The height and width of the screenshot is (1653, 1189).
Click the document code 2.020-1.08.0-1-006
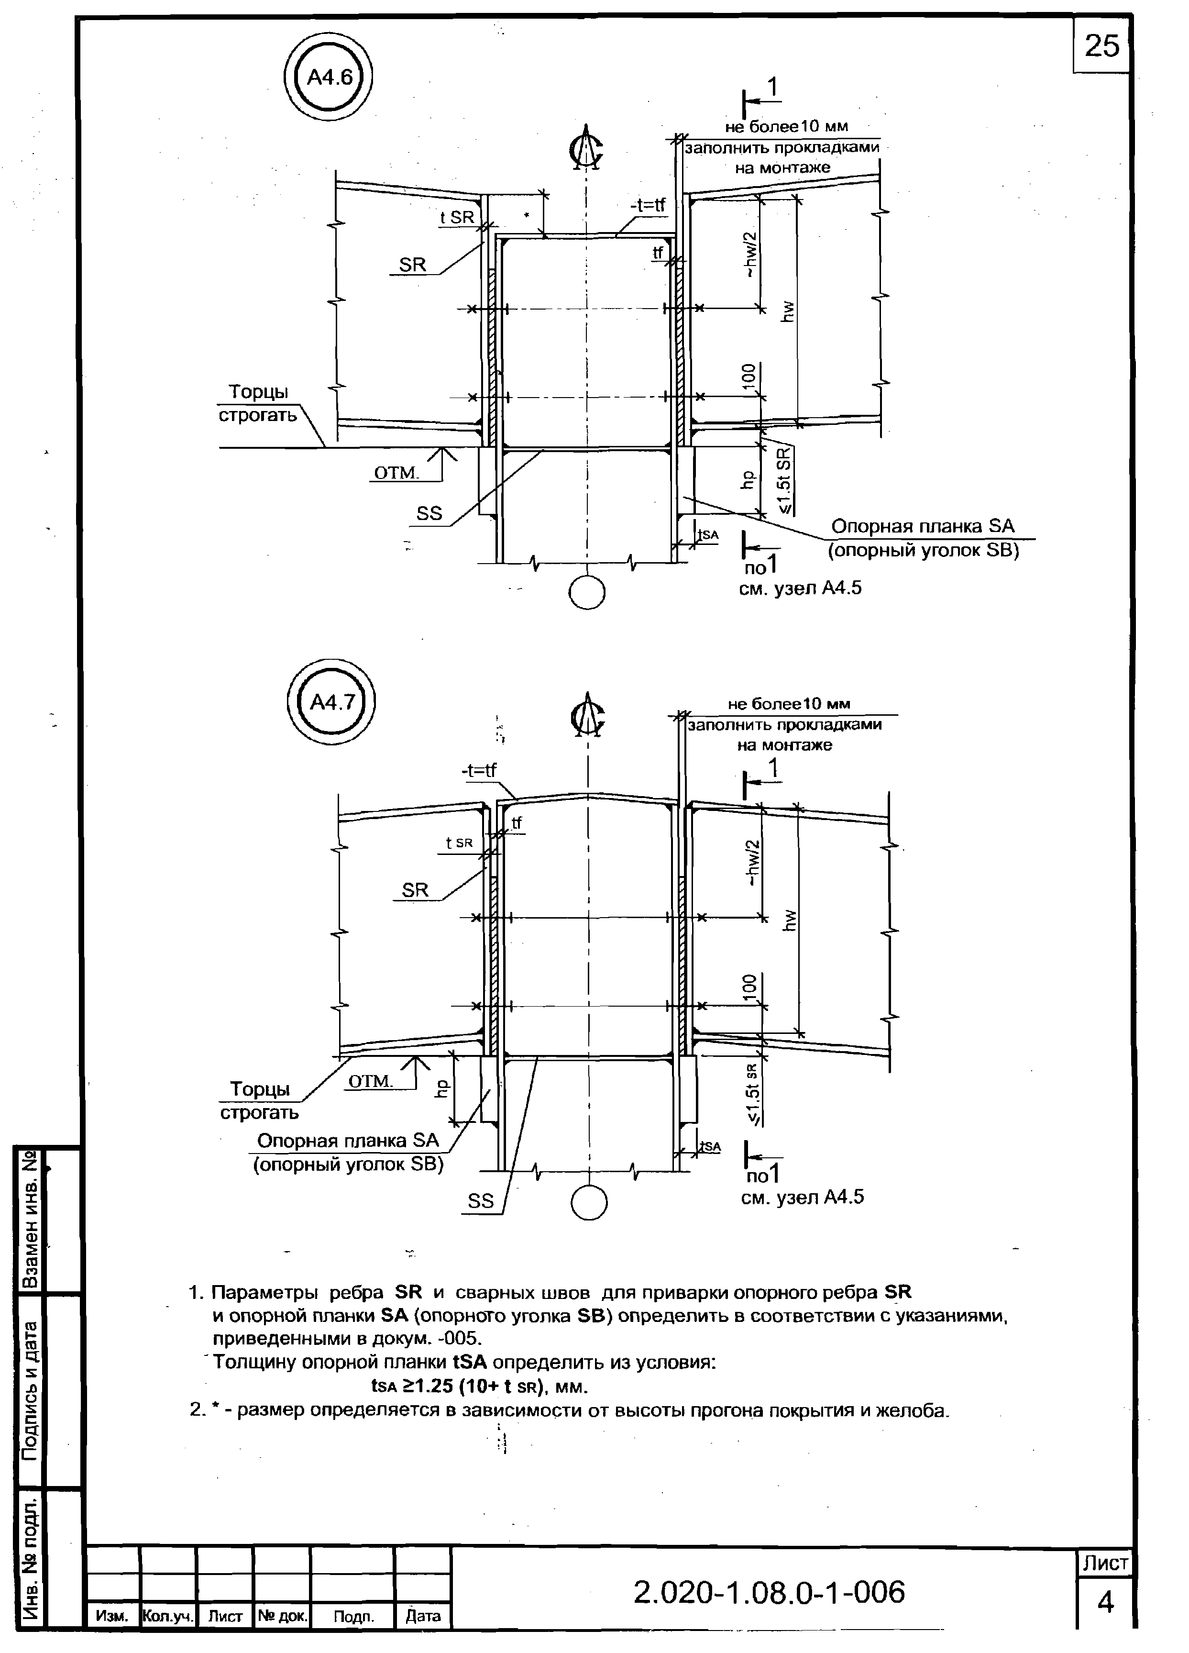coord(770,1593)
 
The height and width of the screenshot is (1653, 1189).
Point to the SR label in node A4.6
coord(412,266)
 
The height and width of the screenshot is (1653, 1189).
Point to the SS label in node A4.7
coord(481,1201)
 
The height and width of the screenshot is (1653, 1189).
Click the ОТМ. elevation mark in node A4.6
coord(396,474)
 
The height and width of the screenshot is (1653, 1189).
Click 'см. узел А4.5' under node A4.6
coord(800,588)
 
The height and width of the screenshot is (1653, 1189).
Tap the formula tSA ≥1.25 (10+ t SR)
coord(479,1386)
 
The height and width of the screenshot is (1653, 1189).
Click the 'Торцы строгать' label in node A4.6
coord(259,404)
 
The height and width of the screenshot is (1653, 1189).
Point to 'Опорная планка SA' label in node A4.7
coord(348,1141)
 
